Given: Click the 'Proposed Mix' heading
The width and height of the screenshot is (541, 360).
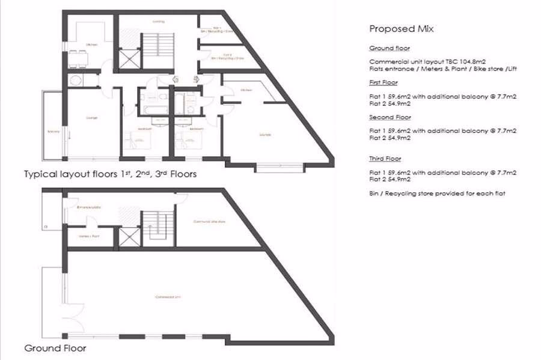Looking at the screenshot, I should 401,29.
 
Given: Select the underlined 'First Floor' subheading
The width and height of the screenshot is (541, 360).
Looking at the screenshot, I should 383,82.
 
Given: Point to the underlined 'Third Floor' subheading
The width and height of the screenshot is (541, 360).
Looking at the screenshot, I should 385,159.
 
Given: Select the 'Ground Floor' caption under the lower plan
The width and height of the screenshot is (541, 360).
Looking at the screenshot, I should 55,348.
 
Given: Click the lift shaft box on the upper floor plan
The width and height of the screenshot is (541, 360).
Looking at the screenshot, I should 129,61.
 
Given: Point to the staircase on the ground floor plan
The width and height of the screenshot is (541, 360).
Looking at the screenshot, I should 156,227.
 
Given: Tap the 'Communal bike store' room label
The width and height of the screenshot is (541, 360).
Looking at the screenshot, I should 209,222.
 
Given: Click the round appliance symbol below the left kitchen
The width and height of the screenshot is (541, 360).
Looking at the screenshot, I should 76,81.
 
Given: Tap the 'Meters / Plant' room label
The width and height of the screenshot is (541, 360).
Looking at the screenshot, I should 80,236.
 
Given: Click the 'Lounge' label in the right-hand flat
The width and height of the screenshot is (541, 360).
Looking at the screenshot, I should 266,134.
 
